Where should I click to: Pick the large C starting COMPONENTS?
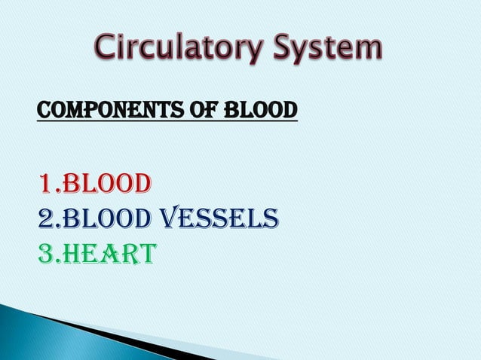click(44, 111)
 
